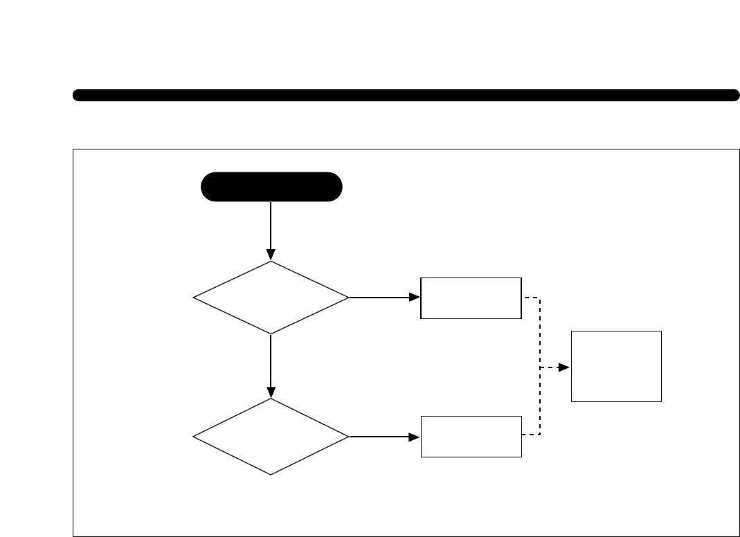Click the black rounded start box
point(271,187)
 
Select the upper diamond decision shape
point(271,298)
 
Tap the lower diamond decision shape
point(271,437)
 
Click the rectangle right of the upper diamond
point(471,298)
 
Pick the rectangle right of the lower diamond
point(471,437)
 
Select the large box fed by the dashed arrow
point(616,366)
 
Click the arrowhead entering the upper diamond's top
point(271,255)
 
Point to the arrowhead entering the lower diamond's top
point(271,392)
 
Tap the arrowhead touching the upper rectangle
point(415,298)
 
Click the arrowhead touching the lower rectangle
point(415,437)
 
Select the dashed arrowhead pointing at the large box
point(564,367)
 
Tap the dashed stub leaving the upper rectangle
point(530,298)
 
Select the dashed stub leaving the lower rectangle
point(530,435)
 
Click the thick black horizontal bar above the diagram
point(406,95)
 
